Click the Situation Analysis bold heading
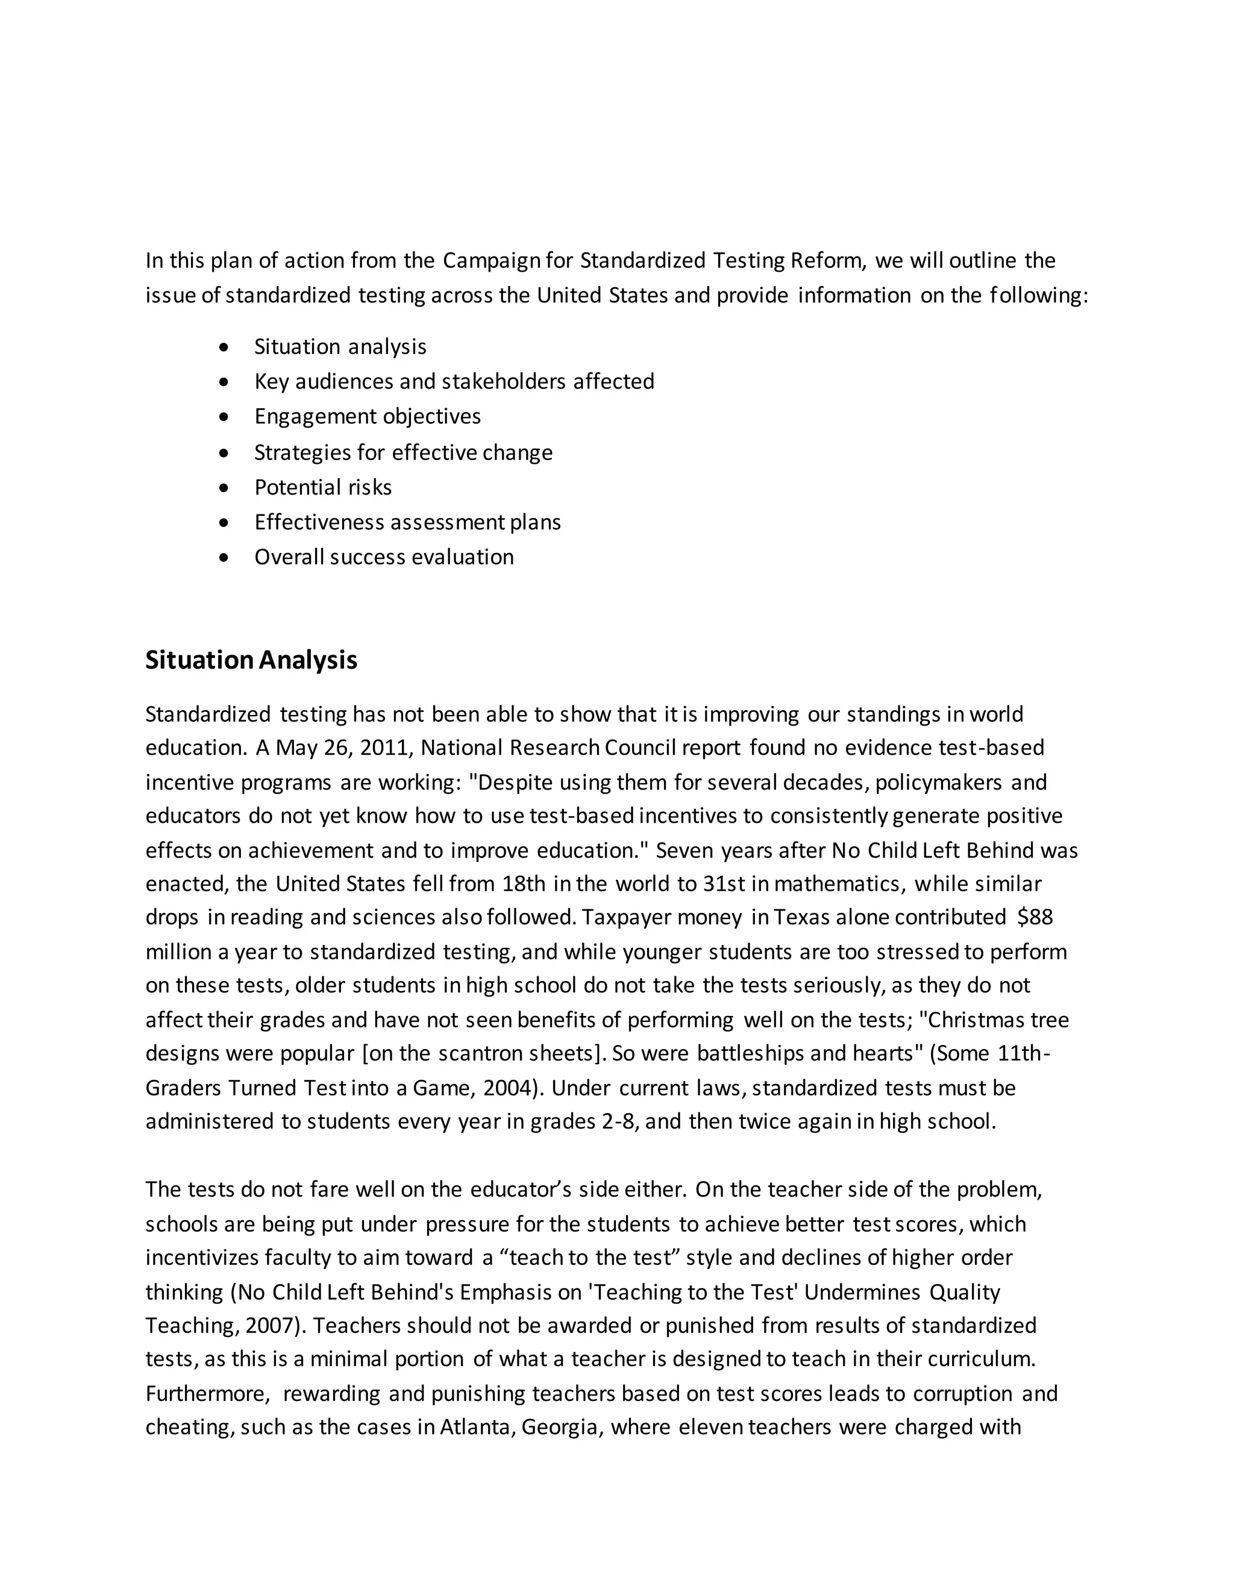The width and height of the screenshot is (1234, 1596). [251, 660]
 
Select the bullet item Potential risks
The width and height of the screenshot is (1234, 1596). [322, 487]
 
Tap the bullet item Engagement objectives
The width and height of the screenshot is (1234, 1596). [367, 417]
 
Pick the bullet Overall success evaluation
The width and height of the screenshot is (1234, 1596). [383, 557]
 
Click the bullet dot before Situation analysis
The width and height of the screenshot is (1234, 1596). [224, 347]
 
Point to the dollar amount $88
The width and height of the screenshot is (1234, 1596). [1035, 917]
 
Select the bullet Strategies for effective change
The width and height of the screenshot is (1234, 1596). [403, 452]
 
